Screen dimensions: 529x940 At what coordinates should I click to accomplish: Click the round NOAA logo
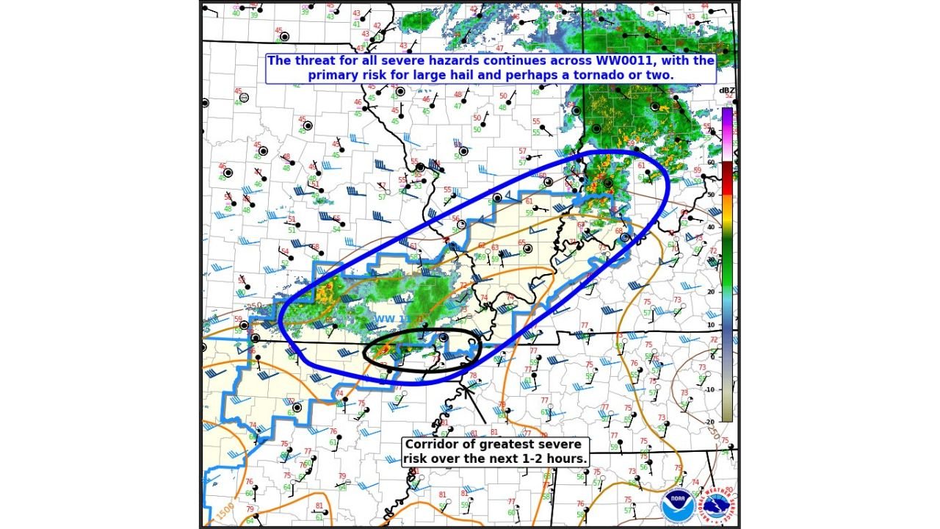click(x=677, y=506)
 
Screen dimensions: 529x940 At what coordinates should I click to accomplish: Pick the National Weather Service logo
click(x=718, y=506)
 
